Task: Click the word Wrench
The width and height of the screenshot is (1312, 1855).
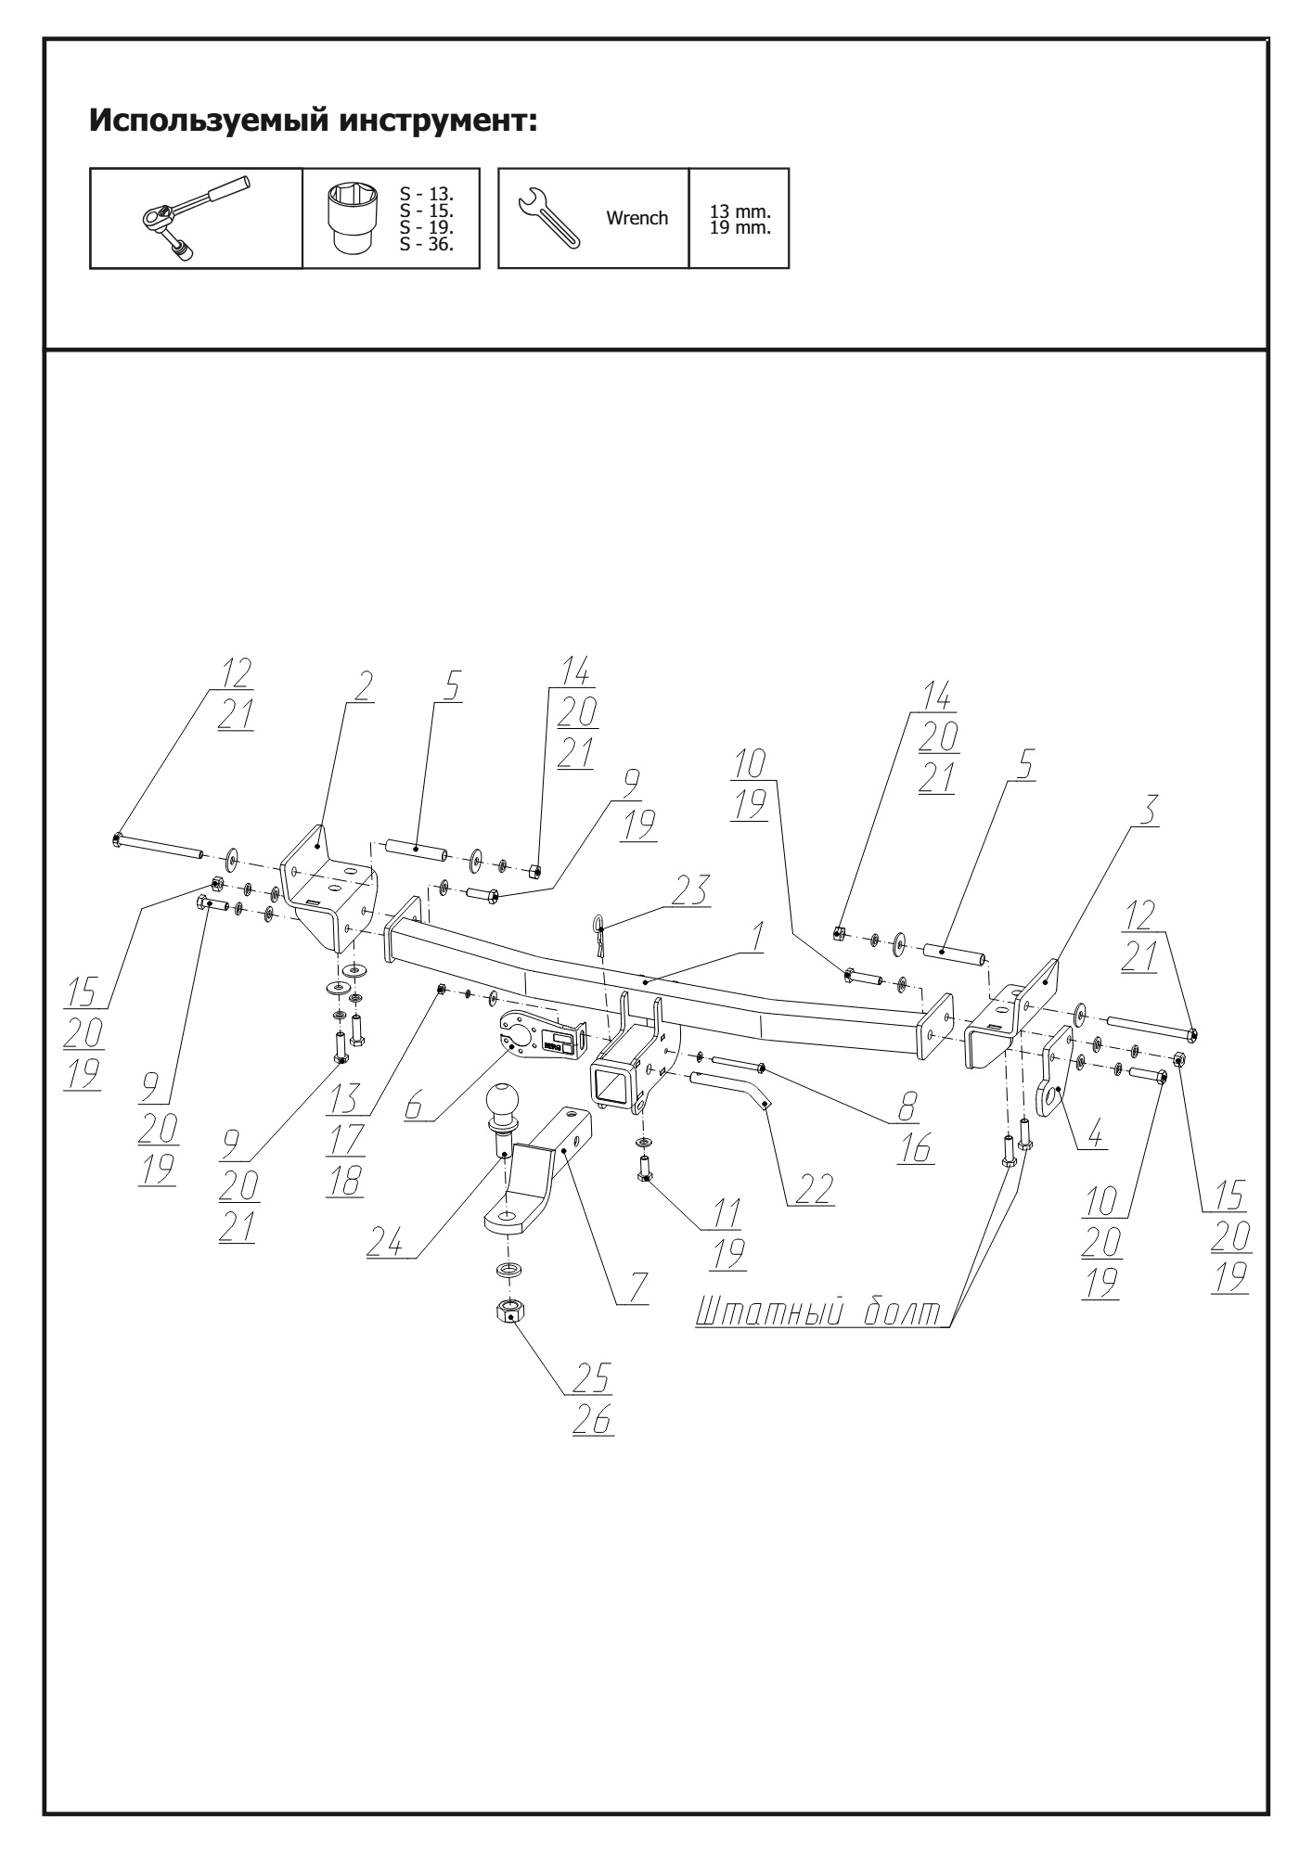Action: pyautogui.click(x=637, y=219)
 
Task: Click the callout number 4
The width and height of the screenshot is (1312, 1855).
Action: pyautogui.click(x=1096, y=1135)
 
